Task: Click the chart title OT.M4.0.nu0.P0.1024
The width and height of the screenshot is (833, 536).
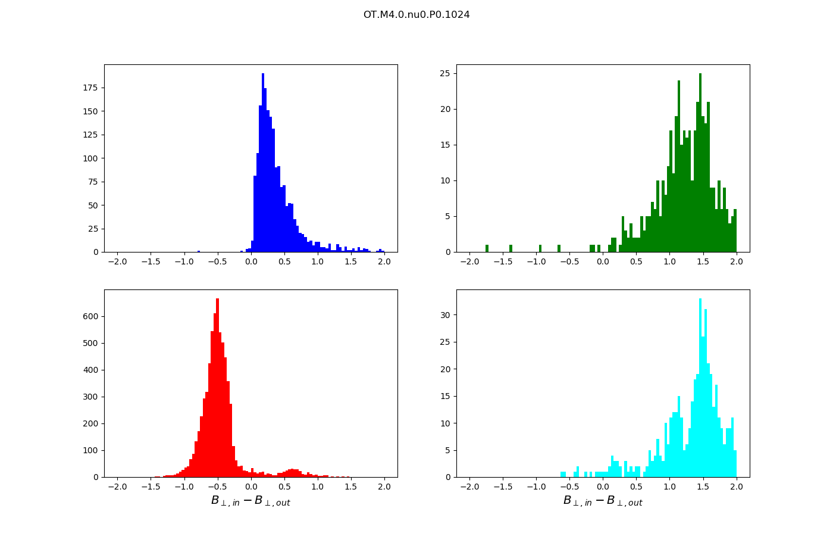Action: pyautogui.click(x=416, y=15)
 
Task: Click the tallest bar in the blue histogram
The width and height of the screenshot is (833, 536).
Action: pyautogui.click(x=263, y=167)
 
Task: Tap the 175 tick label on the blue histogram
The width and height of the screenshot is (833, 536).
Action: pyautogui.click(x=90, y=88)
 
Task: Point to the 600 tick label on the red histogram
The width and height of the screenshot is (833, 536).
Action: pyautogui.click(x=90, y=317)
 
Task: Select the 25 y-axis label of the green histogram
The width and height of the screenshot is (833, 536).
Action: pyautogui.click(x=444, y=74)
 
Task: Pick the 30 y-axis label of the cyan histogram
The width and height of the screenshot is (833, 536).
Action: pyautogui.click(x=444, y=315)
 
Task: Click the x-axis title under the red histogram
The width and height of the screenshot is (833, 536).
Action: pyautogui.click(x=250, y=501)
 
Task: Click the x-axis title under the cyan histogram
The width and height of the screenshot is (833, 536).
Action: pyautogui.click(x=603, y=501)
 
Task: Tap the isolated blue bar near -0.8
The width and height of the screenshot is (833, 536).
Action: pyautogui.click(x=199, y=251)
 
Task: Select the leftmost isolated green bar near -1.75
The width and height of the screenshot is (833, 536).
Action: pyautogui.click(x=487, y=248)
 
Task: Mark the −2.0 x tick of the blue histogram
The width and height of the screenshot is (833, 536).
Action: pyautogui.click(x=117, y=261)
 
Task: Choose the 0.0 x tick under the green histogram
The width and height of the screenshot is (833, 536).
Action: pyautogui.click(x=603, y=261)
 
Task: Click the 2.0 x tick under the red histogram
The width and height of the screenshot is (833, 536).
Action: pyautogui.click(x=384, y=487)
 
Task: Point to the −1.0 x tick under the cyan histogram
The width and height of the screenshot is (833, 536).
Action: pyautogui.click(x=536, y=487)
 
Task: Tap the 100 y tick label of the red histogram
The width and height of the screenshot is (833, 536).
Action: pyautogui.click(x=90, y=451)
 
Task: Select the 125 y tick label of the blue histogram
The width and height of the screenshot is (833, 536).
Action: pyautogui.click(x=90, y=135)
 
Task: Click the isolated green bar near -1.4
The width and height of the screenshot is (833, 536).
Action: pyautogui.click(x=511, y=248)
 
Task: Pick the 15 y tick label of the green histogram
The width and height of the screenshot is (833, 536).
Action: pyautogui.click(x=444, y=145)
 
